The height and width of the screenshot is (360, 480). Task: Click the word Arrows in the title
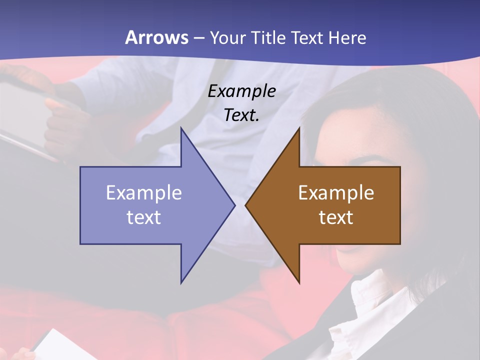click(x=156, y=37)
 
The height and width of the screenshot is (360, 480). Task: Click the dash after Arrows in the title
click(x=198, y=38)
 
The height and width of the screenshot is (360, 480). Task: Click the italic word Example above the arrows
click(x=241, y=91)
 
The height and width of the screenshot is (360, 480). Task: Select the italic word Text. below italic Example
click(x=241, y=115)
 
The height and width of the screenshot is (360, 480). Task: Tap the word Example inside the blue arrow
click(x=143, y=193)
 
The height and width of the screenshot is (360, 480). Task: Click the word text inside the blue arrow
click(x=143, y=217)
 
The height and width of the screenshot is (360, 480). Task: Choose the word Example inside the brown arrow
click(x=336, y=193)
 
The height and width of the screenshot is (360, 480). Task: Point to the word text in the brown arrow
click(x=336, y=217)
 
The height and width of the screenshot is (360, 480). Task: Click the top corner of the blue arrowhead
click(x=181, y=128)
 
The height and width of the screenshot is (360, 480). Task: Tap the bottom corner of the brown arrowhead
click(x=299, y=282)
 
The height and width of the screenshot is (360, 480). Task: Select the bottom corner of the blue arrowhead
click(x=181, y=282)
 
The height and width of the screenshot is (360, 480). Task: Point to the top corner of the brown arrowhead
click(x=299, y=128)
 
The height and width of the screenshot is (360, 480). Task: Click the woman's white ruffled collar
click(x=370, y=305)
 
